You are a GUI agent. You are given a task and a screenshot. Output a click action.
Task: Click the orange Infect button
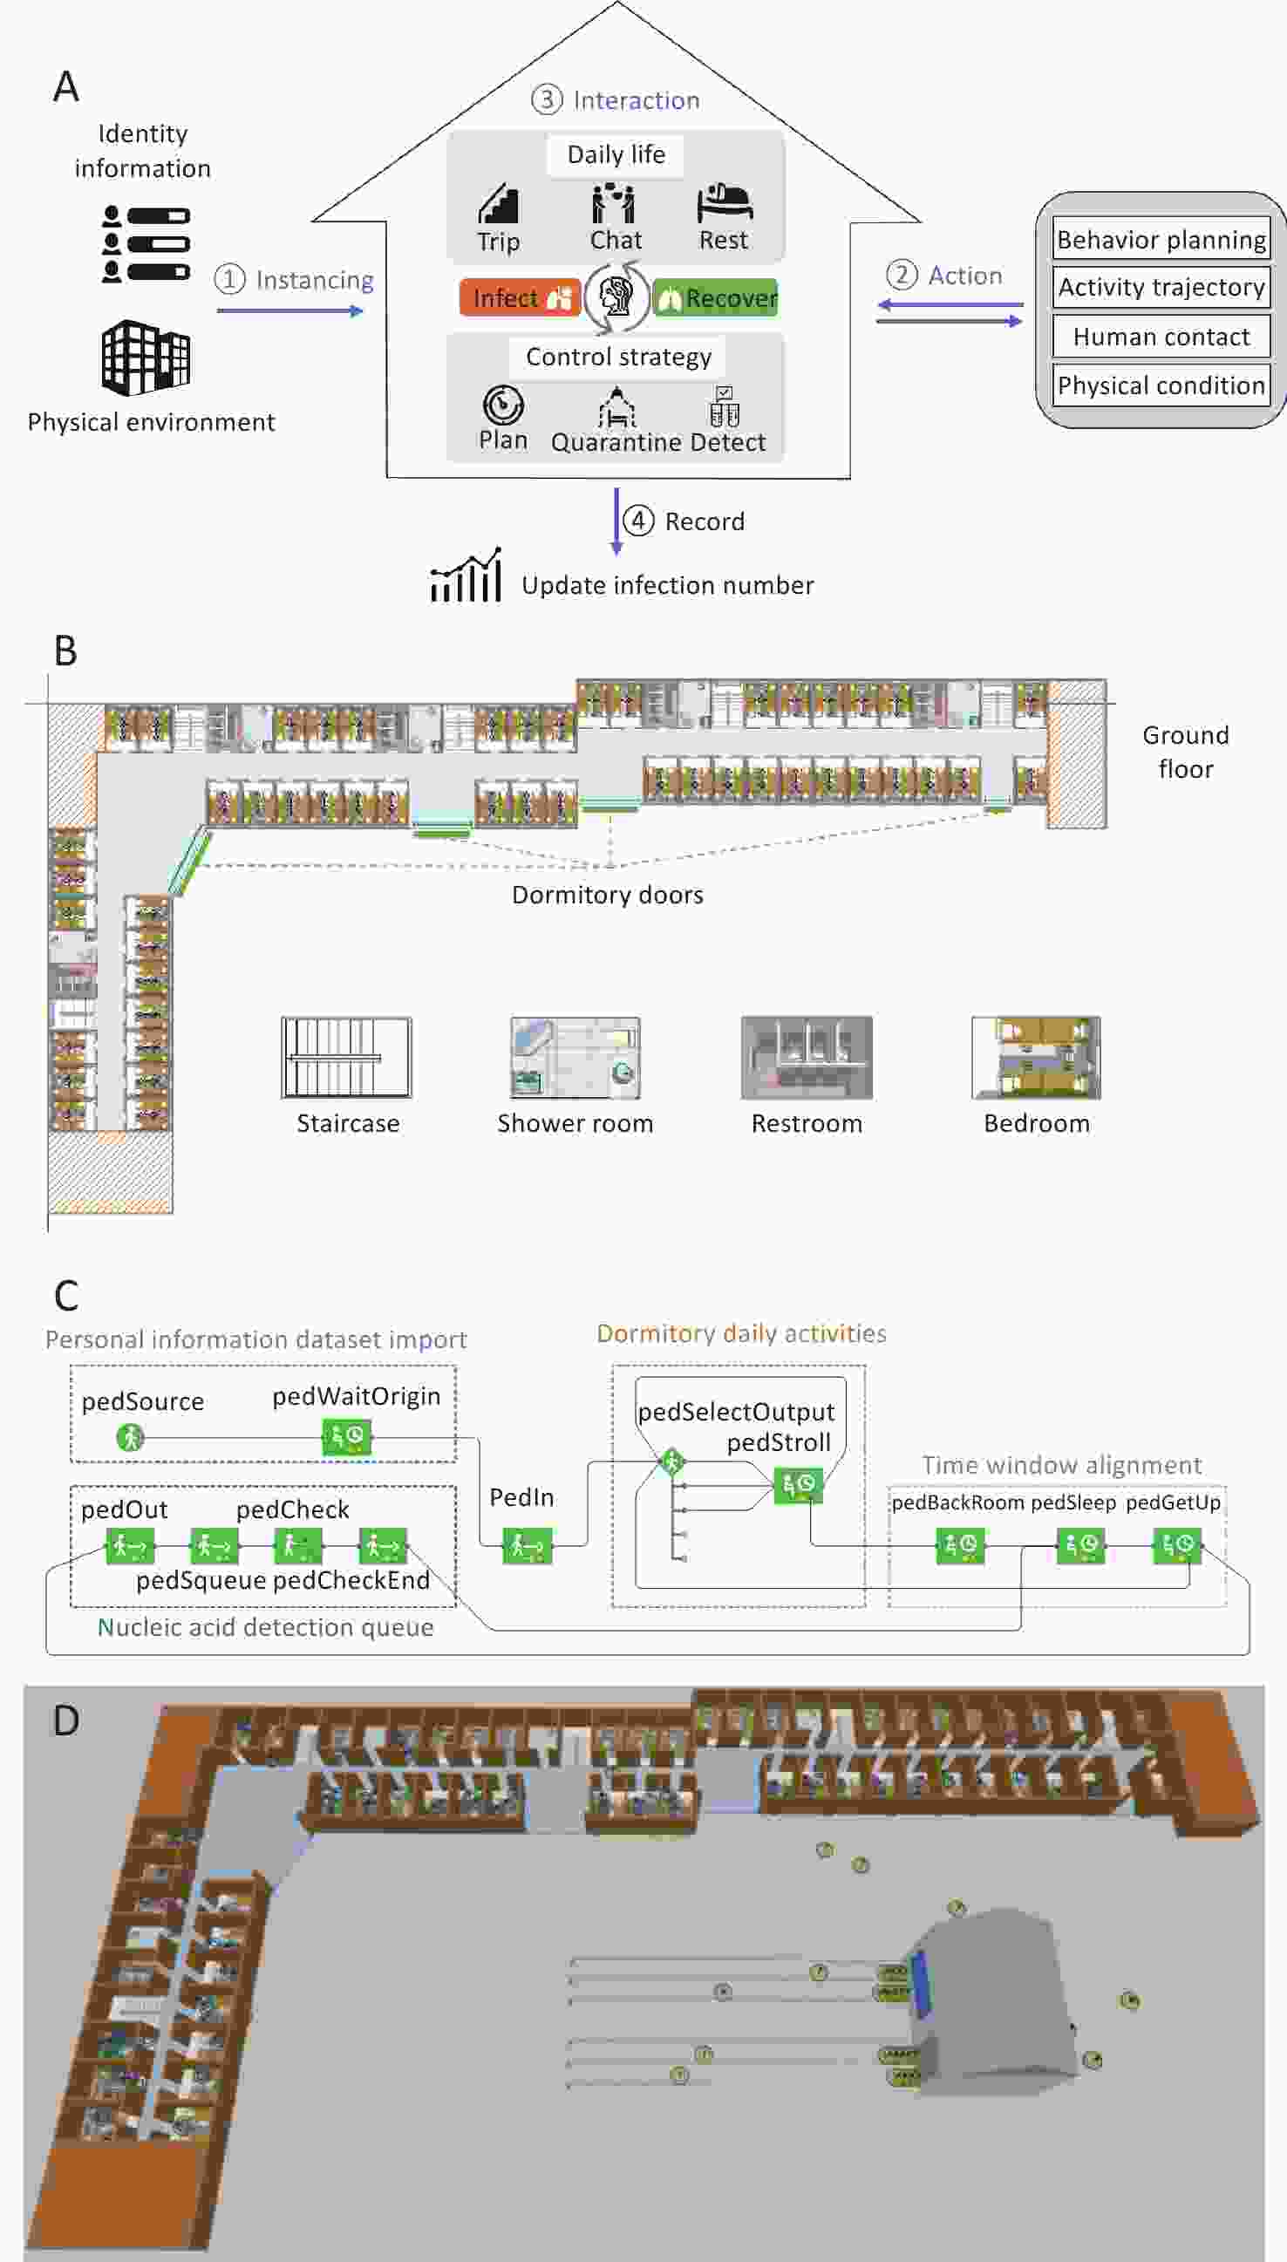520,298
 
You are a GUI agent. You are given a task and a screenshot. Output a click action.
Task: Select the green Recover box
715,298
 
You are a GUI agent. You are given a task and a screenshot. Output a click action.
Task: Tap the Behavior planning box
1161,239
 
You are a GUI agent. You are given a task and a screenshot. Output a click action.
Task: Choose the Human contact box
1161,336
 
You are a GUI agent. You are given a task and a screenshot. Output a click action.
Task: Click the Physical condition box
1161,385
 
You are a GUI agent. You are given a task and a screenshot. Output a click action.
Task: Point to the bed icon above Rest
724,203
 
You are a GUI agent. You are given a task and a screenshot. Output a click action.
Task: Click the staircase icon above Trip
499,203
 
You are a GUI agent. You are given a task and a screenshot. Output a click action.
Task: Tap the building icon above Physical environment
146,358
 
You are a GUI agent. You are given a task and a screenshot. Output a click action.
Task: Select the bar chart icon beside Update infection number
466,576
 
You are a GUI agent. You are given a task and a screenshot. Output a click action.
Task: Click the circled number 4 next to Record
638,520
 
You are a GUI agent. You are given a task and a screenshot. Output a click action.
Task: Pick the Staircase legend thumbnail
346,1057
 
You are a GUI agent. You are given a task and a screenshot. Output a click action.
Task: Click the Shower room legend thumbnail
575,1057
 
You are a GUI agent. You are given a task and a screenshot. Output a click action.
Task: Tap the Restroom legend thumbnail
807,1057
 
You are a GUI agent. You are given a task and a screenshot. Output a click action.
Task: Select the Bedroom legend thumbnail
1036,1057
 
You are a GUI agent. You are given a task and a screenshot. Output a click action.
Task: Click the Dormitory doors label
608,895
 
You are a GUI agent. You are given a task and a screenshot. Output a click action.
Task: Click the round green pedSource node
130,1437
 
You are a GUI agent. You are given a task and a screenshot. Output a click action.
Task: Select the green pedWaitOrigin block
346,1436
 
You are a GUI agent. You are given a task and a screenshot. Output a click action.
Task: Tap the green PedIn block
528,1546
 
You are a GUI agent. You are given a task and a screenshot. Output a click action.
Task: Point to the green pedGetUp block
1177,1545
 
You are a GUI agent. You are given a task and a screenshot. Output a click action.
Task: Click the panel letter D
66,1720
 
